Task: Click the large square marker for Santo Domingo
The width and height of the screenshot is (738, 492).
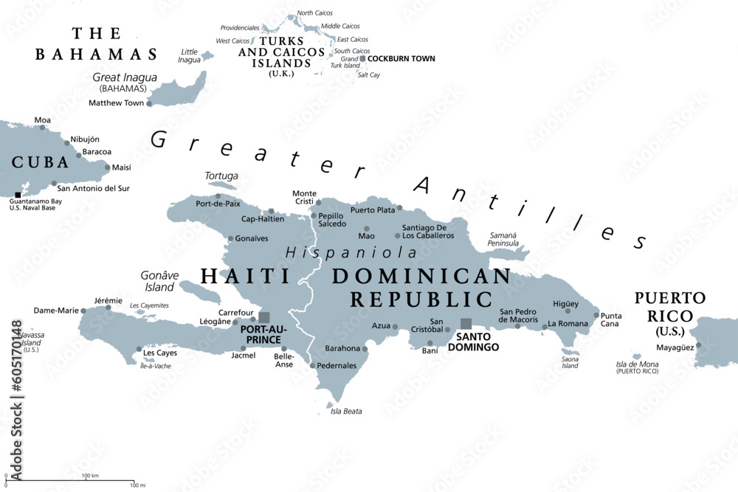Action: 466,323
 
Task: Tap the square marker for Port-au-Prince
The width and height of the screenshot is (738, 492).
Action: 263,317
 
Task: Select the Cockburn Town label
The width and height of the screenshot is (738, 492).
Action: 401,58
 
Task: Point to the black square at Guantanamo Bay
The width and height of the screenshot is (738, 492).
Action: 18,195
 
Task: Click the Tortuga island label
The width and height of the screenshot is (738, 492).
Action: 221,176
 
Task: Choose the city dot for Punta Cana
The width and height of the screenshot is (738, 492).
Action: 596,315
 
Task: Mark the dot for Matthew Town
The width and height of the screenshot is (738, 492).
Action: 149,103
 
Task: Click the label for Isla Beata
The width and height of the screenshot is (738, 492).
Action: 346,411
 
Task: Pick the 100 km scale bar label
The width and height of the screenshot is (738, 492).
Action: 90,475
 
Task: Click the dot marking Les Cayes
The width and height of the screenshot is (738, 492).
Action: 138,350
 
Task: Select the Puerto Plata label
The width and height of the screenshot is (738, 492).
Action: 373,209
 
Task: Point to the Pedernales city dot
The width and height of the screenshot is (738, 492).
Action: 312,365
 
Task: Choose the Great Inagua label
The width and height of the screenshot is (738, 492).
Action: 125,77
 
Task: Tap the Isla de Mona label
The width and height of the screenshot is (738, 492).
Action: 637,364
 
